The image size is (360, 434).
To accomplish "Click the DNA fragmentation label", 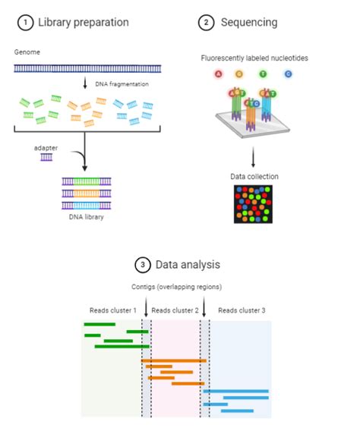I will (116, 83).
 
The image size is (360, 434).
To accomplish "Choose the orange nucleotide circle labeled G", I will (240, 74).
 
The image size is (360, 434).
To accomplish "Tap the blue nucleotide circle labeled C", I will (288, 74).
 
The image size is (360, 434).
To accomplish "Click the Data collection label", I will (254, 176).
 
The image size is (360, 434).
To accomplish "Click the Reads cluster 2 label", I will (175, 311).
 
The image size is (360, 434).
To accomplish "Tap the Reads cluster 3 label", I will (241, 311).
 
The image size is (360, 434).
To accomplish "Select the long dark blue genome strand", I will (87, 68).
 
